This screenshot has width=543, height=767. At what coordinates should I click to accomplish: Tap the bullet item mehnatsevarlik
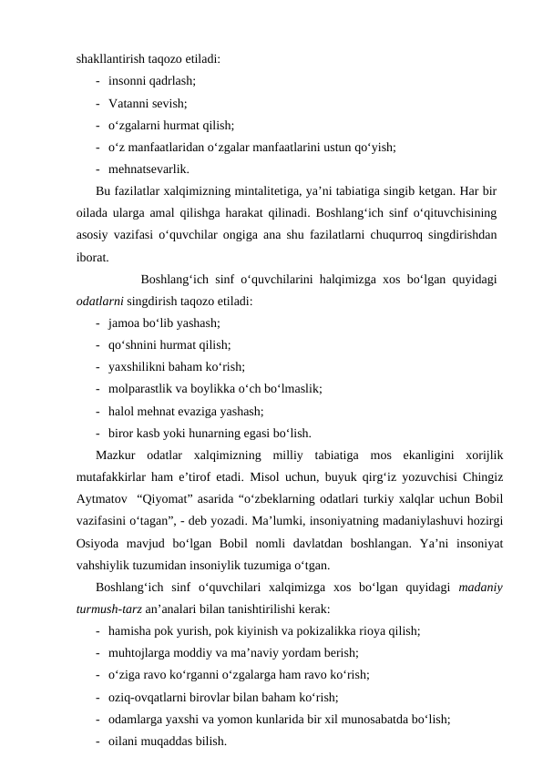(x=149, y=169)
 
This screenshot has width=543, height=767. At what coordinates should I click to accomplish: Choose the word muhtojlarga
(x=141, y=651)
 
